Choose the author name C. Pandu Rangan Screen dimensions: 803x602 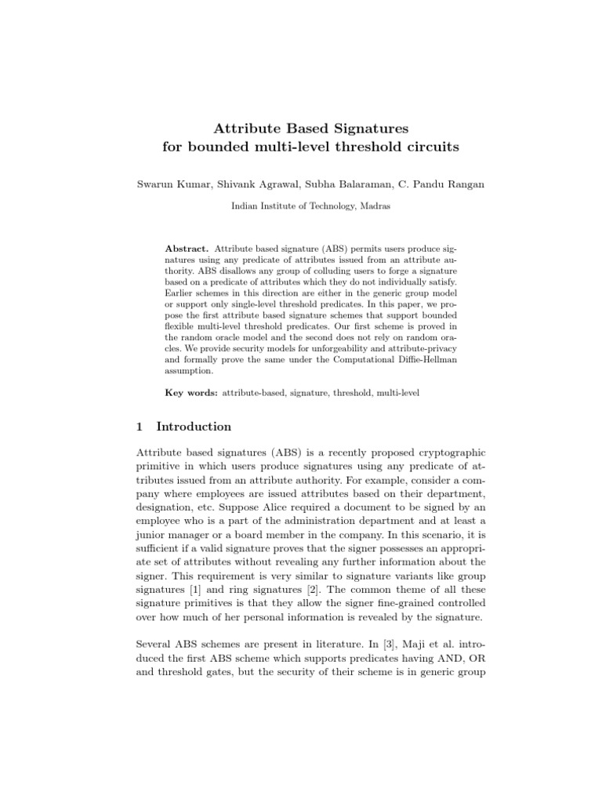(431, 184)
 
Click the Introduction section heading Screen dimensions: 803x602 (194, 427)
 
